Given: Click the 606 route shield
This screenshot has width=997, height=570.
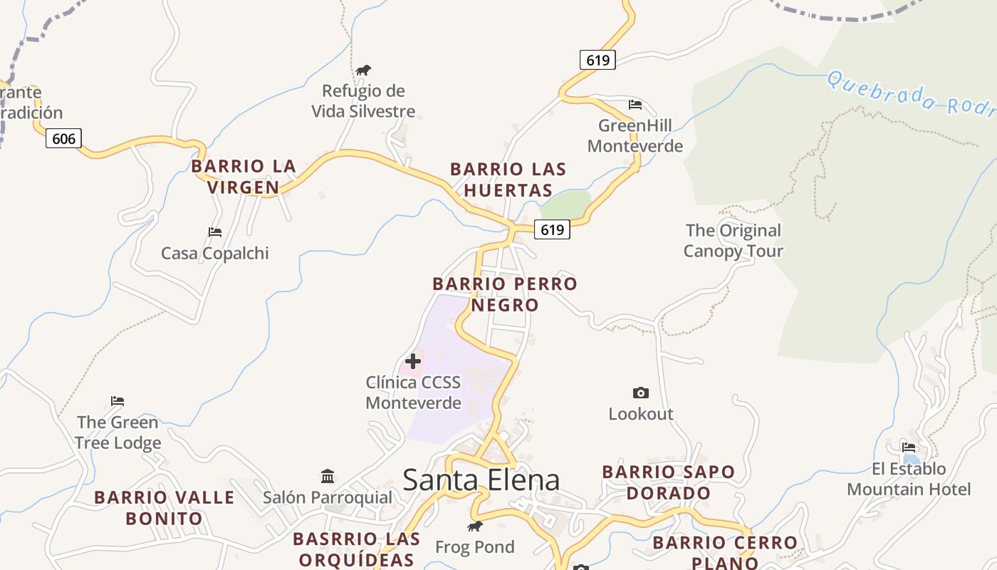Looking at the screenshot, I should click(63, 138).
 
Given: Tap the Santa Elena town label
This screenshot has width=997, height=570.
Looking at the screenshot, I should click(481, 480).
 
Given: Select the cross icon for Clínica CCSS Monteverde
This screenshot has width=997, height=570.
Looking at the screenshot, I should click(412, 361).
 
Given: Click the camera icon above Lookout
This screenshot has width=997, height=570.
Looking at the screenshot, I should click(640, 393).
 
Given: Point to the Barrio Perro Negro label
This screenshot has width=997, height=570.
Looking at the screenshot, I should click(505, 294).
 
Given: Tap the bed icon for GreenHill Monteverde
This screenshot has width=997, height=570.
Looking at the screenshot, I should click(635, 105).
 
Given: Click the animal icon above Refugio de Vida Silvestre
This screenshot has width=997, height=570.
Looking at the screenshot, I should click(363, 70).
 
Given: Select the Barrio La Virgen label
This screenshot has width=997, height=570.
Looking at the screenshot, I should click(244, 177).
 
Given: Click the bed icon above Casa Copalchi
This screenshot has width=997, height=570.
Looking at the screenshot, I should click(214, 232).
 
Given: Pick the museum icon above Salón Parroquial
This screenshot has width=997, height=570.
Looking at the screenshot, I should click(328, 476).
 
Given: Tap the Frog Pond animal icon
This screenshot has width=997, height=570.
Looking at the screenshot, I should click(474, 527).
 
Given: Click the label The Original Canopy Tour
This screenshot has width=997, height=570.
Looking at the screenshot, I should click(733, 241).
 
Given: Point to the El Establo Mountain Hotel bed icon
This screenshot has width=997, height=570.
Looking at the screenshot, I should click(908, 447).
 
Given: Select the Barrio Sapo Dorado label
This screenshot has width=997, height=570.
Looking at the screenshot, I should click(668, 482).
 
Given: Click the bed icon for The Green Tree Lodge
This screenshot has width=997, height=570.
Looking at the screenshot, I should click(118, 401).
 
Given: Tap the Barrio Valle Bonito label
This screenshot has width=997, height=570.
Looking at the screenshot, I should click(165, 508).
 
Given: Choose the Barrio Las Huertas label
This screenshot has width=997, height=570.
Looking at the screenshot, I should click(508, 180).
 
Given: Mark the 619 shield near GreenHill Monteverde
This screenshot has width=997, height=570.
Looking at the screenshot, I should click(597, 60).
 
